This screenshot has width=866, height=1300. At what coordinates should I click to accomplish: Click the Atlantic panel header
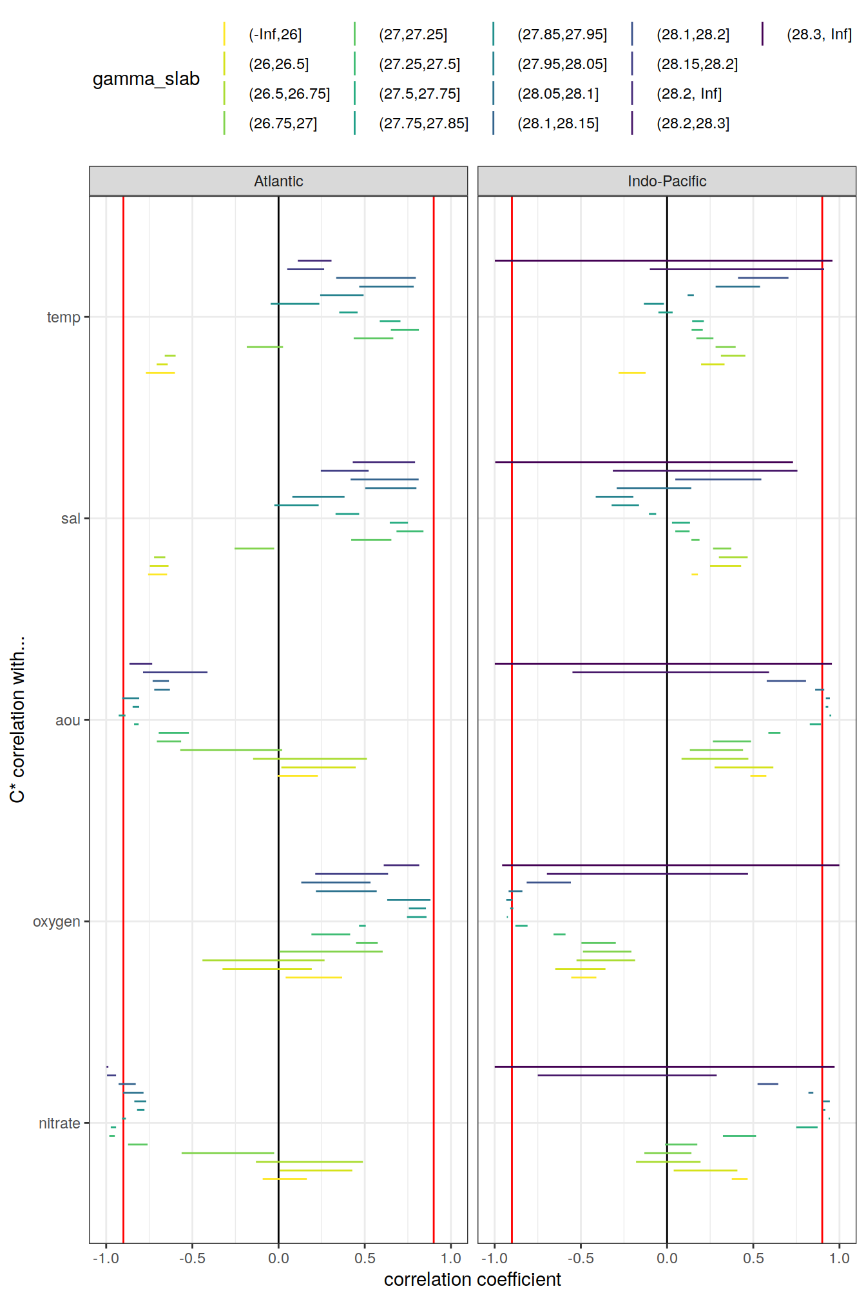(278, 181)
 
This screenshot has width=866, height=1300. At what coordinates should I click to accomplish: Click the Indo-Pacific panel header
(667, 181)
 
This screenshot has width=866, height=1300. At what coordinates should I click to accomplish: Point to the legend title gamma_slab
(146, 79)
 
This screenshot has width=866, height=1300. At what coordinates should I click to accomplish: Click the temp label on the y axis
(63, 317)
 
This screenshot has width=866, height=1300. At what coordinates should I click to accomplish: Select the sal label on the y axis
(70, 518)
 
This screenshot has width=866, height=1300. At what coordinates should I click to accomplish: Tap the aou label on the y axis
(68, 720)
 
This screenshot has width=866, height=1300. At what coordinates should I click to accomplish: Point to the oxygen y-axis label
(57, 921)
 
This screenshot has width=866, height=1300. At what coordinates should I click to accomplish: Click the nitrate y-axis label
(59, 1123)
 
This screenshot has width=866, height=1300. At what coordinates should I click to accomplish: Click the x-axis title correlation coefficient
(472, 1279)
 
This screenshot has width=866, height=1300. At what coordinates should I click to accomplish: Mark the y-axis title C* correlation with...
(17, 720)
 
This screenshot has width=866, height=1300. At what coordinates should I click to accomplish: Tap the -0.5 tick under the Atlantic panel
(192, 1258)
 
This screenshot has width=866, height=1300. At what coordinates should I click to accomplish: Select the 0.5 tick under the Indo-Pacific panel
(753, 1258)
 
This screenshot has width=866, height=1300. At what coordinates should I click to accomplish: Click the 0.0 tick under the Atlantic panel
(278, 1258)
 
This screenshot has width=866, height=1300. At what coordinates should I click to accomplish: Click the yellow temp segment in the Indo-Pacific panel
(631, 373)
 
